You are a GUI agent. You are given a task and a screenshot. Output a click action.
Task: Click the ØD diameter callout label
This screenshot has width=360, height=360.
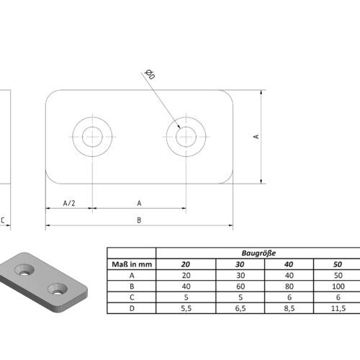(x=150, y=74)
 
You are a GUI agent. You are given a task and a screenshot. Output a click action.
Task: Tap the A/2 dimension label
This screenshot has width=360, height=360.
(x=69, y=203)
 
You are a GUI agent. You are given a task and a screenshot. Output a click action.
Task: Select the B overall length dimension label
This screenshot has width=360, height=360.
(x=139, y=220)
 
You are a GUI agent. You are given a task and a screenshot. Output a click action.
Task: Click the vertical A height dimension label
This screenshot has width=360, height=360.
(x=256, y=137)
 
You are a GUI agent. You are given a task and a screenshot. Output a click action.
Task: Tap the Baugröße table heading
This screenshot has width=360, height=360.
(x=258, y=253)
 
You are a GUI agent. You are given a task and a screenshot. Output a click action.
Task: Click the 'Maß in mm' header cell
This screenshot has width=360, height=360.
(x=132, y=264)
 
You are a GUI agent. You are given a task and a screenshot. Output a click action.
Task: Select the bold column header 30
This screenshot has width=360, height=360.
(x=240, y=264)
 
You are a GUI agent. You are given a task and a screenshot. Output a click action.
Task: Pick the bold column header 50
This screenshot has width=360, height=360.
(x=338, y=264)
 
